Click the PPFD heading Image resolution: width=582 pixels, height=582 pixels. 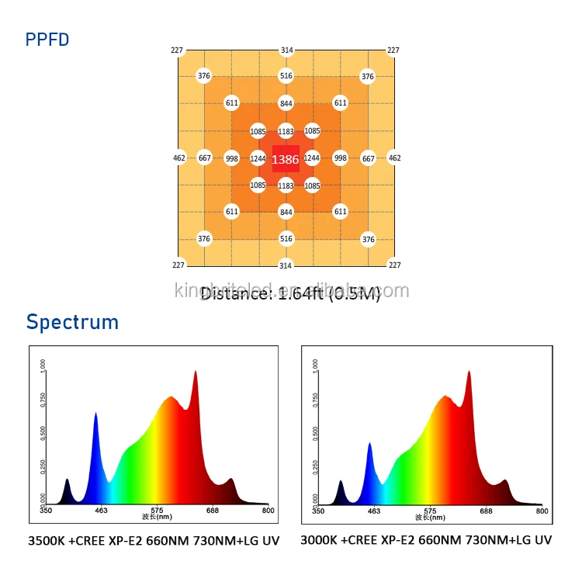(x=47, y=39)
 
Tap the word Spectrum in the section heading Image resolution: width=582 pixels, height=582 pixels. (x=72, y=322)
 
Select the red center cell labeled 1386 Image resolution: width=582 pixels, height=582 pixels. (x=286, y=159)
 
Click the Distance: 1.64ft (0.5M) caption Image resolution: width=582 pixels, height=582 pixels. (x=290, y=293)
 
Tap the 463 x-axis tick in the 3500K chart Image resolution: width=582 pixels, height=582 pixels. (x=100, y=511)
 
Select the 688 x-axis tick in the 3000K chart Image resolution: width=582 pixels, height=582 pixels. (x=486, y=511)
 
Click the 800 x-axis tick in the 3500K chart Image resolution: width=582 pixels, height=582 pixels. (x=268, y=511)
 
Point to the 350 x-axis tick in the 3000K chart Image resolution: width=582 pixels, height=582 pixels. (x=317, y=511)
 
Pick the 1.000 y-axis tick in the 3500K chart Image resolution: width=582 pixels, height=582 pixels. (x=43, y=365)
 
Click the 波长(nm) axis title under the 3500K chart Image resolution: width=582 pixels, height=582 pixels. (x=156, y=517)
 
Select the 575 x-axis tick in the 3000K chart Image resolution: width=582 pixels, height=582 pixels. (x=429, y=511)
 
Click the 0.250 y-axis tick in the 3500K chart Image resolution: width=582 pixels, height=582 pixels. (x=43, y=468)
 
